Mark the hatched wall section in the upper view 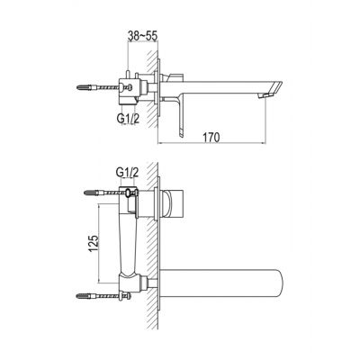coord(157,90)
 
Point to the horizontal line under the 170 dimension coord(215,144)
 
